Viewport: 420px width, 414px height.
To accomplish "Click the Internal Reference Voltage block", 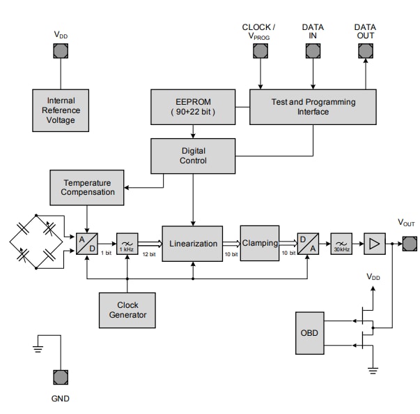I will [61, 110].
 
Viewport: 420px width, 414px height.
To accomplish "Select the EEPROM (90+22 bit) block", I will [192, 107].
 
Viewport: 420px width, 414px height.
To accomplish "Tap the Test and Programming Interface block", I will [313, 107].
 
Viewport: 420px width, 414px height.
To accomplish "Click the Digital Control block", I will [193, 156].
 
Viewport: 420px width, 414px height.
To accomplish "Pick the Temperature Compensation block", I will [88, 187].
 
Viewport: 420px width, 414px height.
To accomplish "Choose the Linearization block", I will [192, 244].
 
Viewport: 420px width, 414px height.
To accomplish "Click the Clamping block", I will [260, 244].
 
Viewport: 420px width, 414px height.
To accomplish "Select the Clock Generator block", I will [127, 310].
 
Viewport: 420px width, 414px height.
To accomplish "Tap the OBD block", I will [310, 333].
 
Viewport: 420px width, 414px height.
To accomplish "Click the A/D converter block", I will [87, 244].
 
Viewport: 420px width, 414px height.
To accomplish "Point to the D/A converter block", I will [307, 244].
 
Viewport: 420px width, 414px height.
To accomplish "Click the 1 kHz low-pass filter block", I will [127, 244].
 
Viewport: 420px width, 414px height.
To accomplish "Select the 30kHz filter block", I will [341, 244].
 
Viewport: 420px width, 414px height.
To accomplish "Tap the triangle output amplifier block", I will [374, 244].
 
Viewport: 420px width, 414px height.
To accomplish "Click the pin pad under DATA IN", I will [313, 50].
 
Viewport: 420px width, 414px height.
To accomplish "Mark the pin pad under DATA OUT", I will [365, 50].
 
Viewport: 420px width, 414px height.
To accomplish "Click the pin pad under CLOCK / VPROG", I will [260, 50].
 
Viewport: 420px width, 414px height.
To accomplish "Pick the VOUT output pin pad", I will [409, 244].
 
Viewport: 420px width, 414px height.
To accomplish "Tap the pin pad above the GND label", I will [61, 377].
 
